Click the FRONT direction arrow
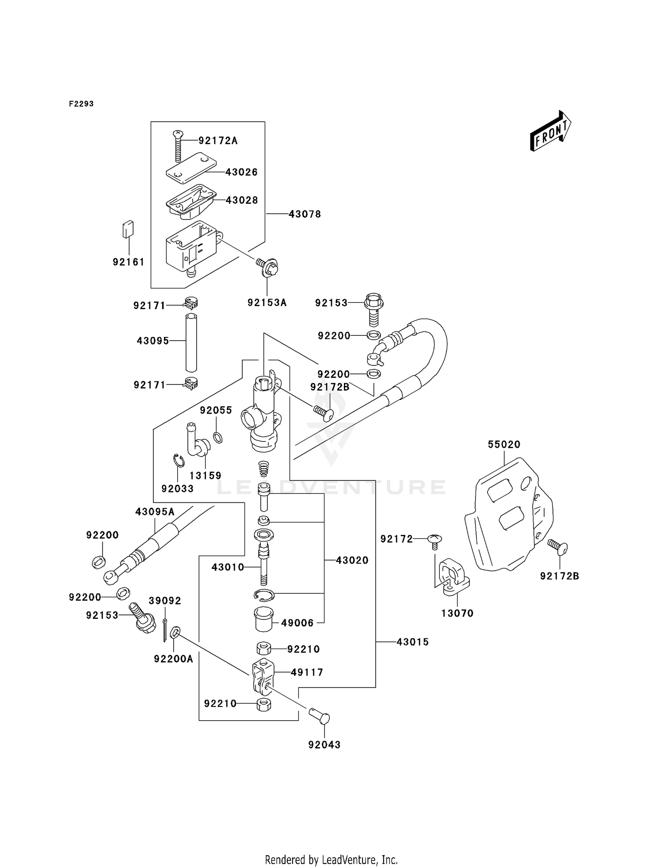point(550,131)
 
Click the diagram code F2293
point(81,104)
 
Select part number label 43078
point(305,214)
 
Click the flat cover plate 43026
point(191,167)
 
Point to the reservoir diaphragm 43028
point(191,201)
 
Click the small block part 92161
point(128,229)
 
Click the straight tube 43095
point(191,342)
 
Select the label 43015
point(412,642)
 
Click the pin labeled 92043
point(320,716)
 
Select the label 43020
point(352,560)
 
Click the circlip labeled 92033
point(178,461)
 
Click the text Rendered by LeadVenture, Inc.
point(331,860)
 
